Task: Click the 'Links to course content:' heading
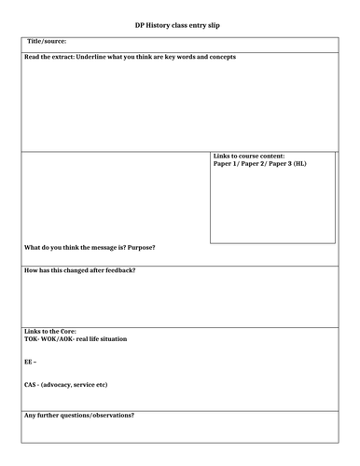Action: pos(249,156)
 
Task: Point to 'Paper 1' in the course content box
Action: pos(227,164)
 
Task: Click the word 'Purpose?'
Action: pos(139,247)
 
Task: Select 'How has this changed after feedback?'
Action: pos(78,270)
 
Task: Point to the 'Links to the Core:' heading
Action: pos(50,332)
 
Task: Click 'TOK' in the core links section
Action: pos(31,339)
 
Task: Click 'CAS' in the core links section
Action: pos(31,385)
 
